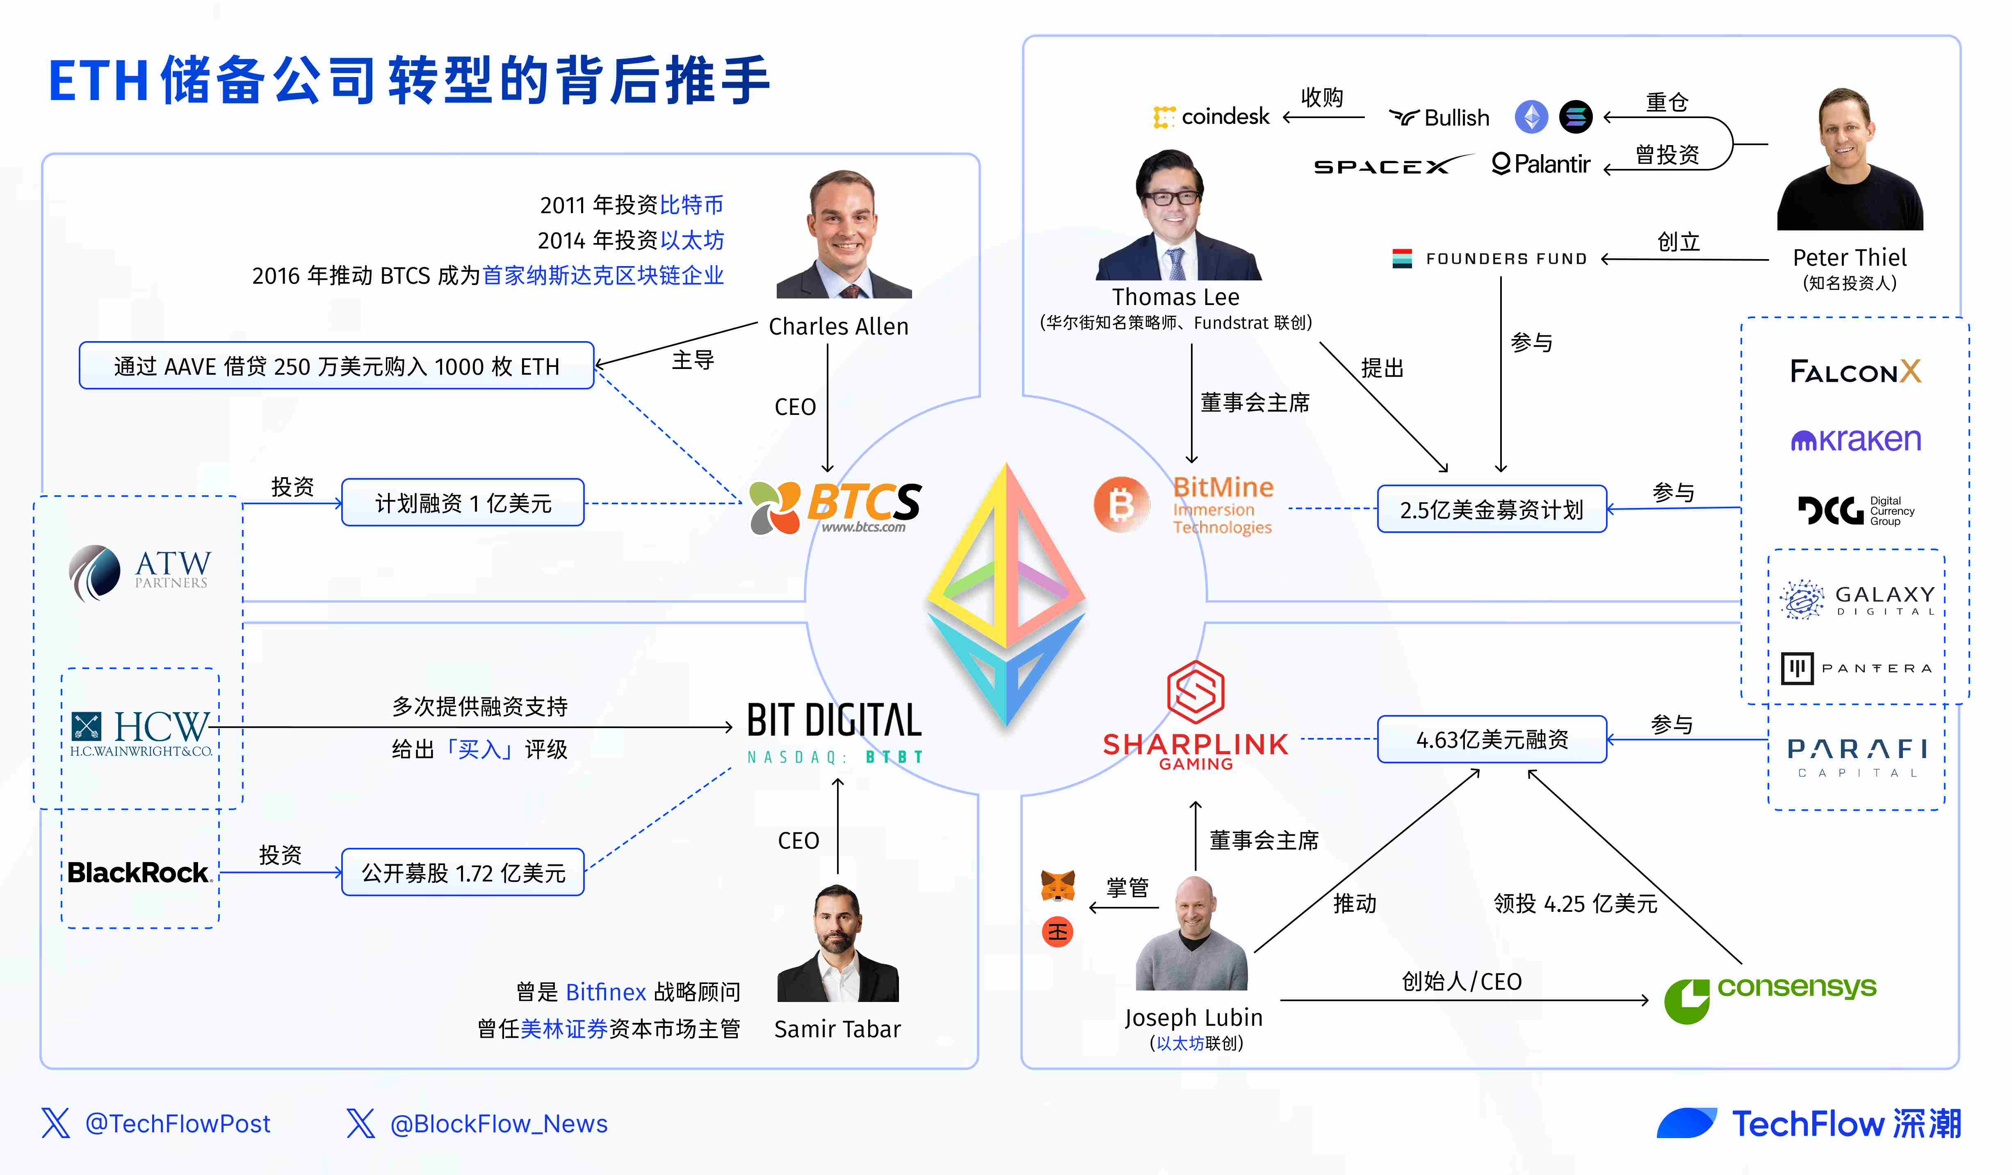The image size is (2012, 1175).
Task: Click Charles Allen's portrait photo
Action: point(844,234)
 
